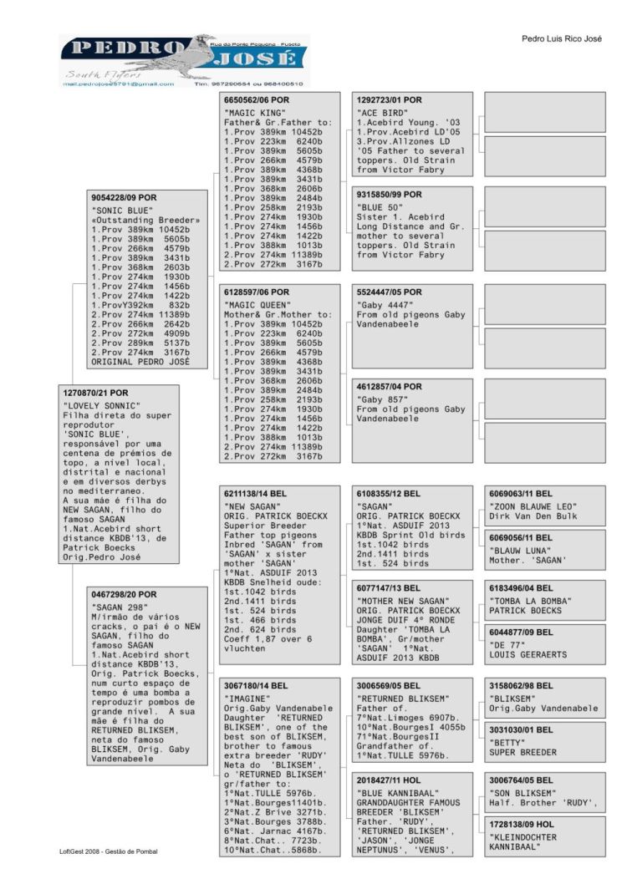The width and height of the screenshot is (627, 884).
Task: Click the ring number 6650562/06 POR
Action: click(256, 100)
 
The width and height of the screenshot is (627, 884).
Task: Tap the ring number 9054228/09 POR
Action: click(124, 198)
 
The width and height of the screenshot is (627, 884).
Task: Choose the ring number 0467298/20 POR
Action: click(124, 595)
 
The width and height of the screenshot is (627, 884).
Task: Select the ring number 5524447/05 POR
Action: click(390, 292)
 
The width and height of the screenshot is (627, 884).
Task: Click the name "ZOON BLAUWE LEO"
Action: click(533, 506)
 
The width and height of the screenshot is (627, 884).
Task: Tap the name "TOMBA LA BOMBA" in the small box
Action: click(533, 601)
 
